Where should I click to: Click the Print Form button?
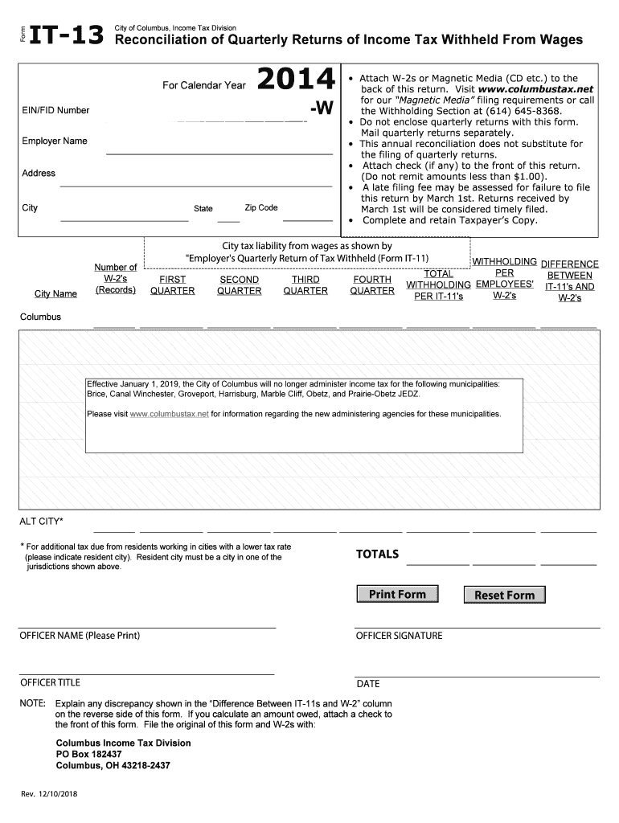(x=397, y=594)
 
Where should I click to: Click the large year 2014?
(x=295, y=80)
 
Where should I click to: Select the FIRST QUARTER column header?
(x=172, y=285)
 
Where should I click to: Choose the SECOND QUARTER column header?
(x=239, y=285)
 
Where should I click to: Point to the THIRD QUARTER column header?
(x=305, y=285)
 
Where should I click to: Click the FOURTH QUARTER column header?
(x=372, y=285)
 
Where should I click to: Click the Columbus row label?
(x=40, y=317)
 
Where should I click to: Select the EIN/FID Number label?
(x=55, y=110)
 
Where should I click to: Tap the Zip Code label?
(x=261, y=207)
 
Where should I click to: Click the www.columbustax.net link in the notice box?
(x=169, y=414)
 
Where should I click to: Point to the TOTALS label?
(x=377, y=554)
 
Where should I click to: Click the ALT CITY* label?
(x=41, y=522)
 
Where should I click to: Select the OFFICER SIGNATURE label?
(x=399, y=636)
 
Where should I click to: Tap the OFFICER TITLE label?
(x=50, y=682)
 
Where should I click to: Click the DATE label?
(x=368, y=684)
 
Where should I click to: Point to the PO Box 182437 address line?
(x=88, y=755)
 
